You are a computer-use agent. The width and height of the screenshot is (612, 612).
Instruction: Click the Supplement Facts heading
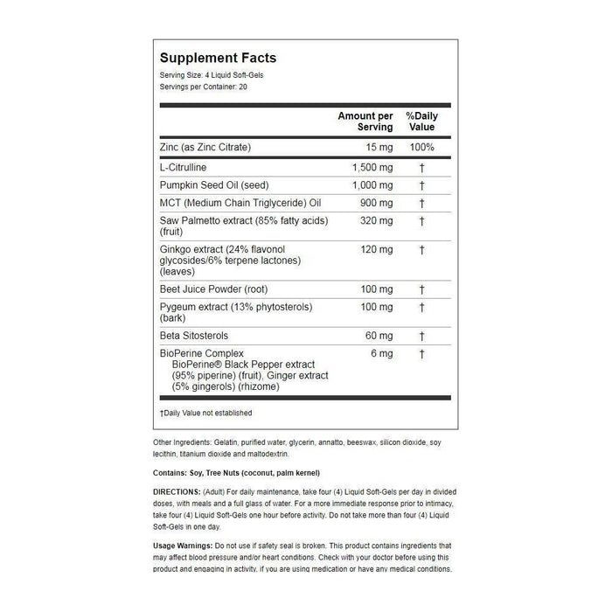(x=218, y=58)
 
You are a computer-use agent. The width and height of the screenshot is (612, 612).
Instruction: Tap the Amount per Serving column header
(x=365, y=122)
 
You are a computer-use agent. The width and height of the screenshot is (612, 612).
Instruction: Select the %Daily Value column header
(x=421, y=122)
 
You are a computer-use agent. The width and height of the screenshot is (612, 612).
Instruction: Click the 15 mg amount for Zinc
(x=378, y=147)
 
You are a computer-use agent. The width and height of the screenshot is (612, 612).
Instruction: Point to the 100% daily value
(x=421, y=147)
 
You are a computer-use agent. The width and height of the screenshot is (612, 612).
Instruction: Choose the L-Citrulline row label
(x=189, y=166)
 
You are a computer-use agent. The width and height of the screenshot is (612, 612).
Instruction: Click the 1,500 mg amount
(x=372, y=166)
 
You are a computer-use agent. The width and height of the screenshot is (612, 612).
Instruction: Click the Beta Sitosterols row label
(x=194, y=336)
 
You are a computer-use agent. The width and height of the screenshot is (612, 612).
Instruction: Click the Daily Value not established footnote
(x=206, y=413)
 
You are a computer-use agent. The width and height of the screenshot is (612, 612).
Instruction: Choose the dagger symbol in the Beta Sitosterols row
(x=421, y=336)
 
